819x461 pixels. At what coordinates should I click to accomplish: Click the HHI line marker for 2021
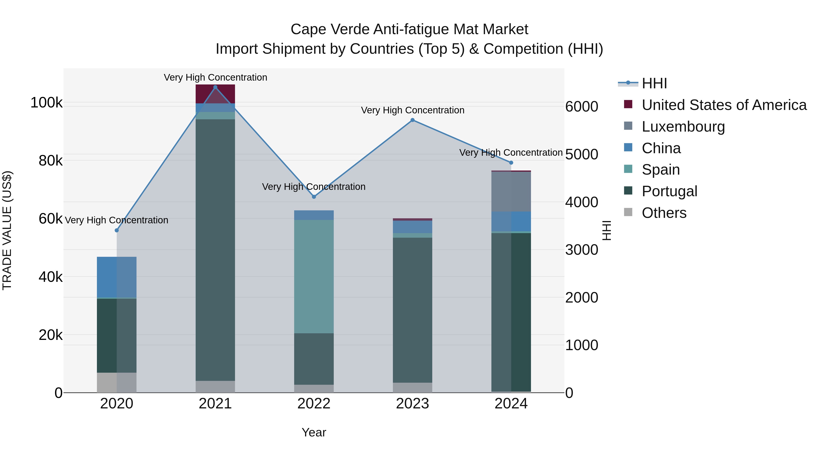point(215,87)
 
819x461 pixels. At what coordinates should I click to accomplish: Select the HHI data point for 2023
point(412,120)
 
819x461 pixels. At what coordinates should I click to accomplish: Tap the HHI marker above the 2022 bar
point(314,197)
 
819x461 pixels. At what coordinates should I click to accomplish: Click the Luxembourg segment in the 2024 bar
point(511,191)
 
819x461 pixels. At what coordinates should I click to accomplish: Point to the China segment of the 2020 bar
point(117,277)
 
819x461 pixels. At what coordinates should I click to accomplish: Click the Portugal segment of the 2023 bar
point(412,310)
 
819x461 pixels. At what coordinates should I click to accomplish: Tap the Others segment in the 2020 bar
point(117,382)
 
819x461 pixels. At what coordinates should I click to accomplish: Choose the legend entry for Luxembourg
point(683,127)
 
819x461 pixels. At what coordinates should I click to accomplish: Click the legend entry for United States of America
point(724,105)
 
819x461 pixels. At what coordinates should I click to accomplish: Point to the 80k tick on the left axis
point(51,161)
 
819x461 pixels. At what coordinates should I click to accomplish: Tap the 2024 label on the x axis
point(511,404)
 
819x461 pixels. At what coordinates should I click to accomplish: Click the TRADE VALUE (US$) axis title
point(7,230)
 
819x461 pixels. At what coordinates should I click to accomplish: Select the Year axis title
point(314,432)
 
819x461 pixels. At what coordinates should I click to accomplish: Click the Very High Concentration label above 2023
point(412,110)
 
